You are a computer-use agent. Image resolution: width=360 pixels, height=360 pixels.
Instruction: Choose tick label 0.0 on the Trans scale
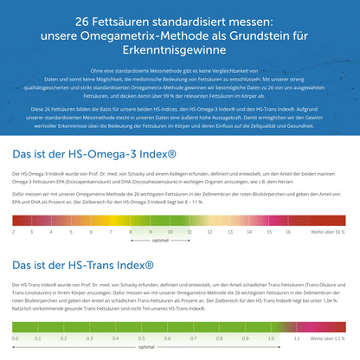click(15, 339)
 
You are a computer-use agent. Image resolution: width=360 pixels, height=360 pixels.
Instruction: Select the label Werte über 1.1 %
click(329, 339)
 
